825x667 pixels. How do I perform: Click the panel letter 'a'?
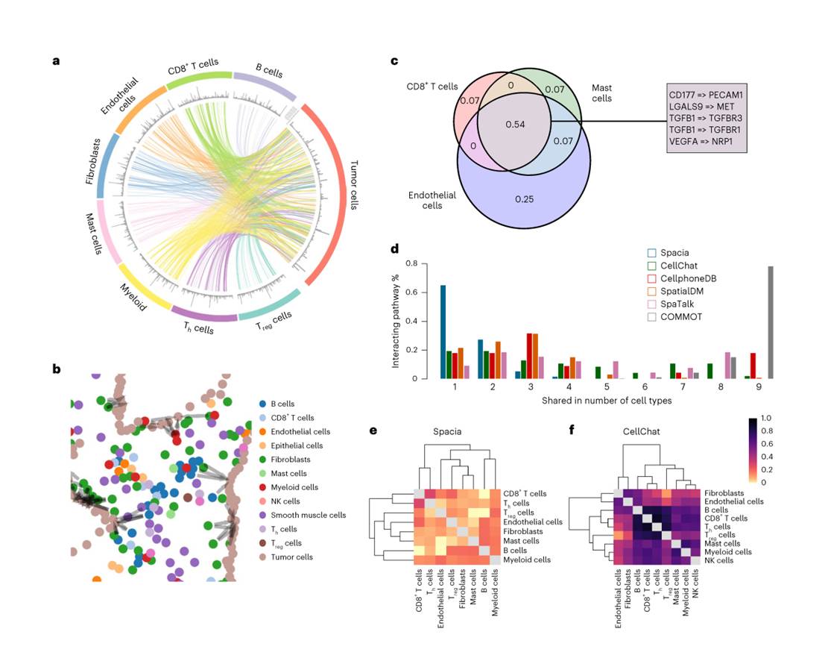pyautogui.click(x=56, y=60)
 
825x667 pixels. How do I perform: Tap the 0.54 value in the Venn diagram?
pyautogui.click(x=516, y=123)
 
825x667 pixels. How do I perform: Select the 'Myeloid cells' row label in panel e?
pyautogui.click(x=526, y=560)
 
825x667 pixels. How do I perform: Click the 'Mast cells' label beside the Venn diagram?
pyautogui.click(x=601, y=93)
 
